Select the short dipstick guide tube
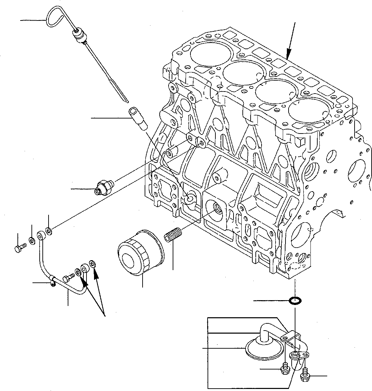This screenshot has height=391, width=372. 137,118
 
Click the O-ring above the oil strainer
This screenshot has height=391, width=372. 295,301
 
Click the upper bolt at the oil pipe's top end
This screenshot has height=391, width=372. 19,248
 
